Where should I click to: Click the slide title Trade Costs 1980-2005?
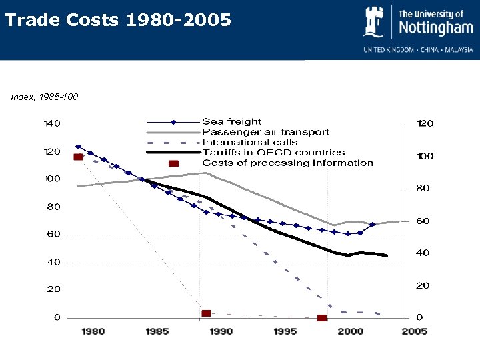click(118, 21)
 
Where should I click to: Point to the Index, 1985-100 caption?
click(45, 97)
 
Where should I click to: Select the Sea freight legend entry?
click(232, 121)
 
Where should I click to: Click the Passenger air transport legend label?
click(265, 132)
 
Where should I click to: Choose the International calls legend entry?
click(251, 142)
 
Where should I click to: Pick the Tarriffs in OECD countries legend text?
click(273, 153)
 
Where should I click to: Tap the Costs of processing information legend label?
click(287, 163)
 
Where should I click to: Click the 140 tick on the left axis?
click(52, 123)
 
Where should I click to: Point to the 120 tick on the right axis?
click(425, 123)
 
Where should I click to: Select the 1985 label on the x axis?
click(157, 331)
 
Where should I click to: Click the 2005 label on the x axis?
click(415, 331)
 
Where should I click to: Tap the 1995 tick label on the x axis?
click(285, 331)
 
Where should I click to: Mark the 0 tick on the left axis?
click(57, 317)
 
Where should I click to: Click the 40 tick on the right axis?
click(423, 253)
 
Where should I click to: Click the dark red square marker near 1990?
click(206, 313)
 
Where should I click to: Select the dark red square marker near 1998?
click(322, 318)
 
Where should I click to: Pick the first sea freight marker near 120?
click(78, 147)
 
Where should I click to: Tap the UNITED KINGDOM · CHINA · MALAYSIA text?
click(418, 49)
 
